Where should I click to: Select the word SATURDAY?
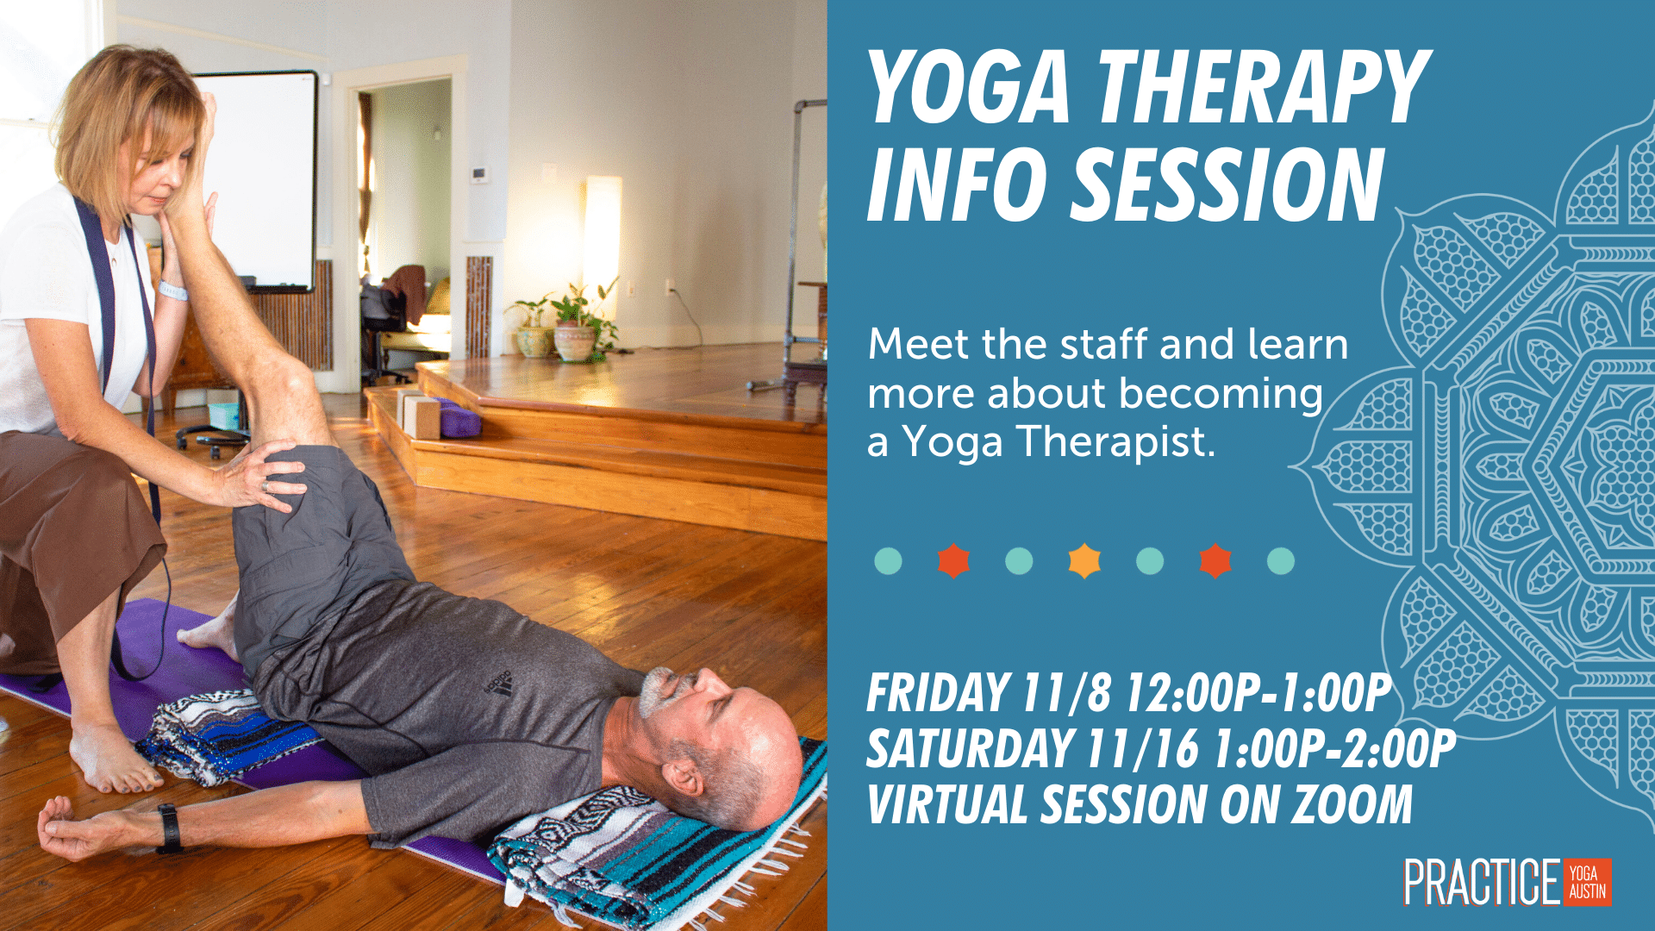pyautogui.click(x=971, y=748)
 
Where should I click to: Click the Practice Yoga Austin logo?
pyautogui.click(x=1507, y=883)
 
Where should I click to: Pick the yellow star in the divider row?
pyautogui.click(x=1084, y=561)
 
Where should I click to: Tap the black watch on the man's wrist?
pyautogui.click(x=169, y=828)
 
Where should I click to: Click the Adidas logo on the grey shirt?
pyautogui.click(x=498, y=684)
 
